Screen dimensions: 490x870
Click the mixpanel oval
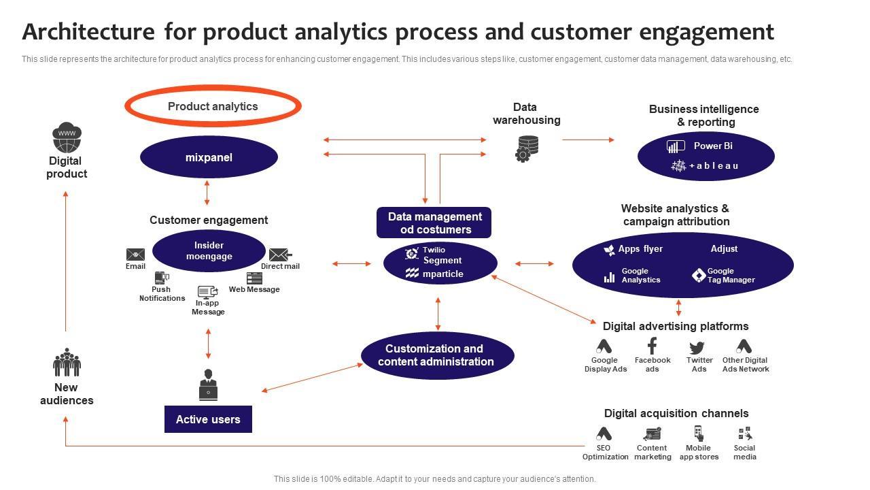tap(209, 157)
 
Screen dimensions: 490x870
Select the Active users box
tap(208, 419)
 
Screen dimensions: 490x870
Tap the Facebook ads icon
tap(652, 346)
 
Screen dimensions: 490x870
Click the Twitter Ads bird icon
tap(697, 347)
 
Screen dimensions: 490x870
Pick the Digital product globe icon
tap(67, 138)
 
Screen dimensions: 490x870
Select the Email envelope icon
tap(135, 255)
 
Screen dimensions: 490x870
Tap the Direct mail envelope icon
tap(279, 255)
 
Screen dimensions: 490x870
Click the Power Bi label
tap(712, 146)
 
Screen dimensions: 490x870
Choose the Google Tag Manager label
tap(731, 276)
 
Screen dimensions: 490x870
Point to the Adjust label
tap(724, 249)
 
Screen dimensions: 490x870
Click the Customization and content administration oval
tap(437, 355)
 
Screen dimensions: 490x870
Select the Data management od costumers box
tap(434, 223)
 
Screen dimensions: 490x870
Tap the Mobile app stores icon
tap(698, 434)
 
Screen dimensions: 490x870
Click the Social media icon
tap(745, 434)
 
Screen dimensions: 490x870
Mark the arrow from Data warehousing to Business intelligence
tap(588, 140)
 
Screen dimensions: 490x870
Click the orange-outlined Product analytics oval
tap(213, 106)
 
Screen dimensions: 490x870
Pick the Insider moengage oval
tap(209, 250)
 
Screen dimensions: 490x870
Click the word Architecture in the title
tap(88, 32)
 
